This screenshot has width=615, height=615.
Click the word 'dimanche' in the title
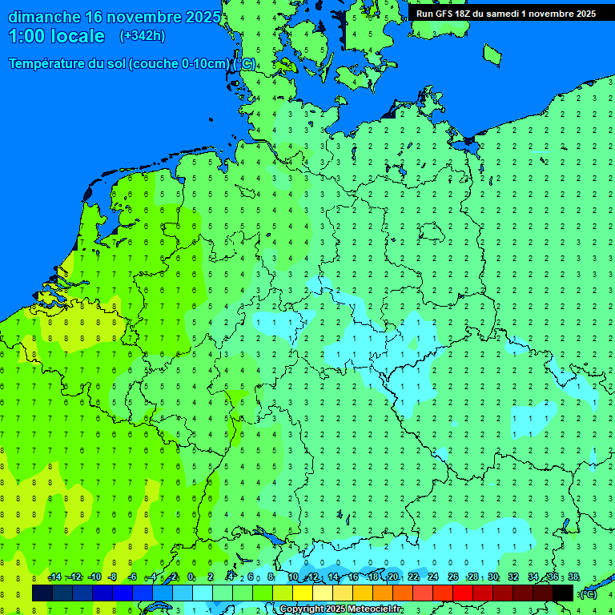pos(43,17)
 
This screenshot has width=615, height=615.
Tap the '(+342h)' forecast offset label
pos(142,36)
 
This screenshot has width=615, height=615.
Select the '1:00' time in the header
pos(26,36)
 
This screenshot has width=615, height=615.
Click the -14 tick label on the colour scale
pos(54,577)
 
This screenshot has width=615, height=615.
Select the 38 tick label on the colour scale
pos(573,577)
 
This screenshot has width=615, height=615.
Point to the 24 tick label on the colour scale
pos(433,577)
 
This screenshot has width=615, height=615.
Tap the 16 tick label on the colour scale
pos(353,577)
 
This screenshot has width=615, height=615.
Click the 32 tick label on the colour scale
pos(513,577)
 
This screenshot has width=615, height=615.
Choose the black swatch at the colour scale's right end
pos(563,593)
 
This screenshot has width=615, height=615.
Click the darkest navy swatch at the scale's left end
pos(42,593)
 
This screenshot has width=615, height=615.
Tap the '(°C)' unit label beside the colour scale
pos(588,593)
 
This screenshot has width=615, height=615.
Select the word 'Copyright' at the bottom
pos(302,609)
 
